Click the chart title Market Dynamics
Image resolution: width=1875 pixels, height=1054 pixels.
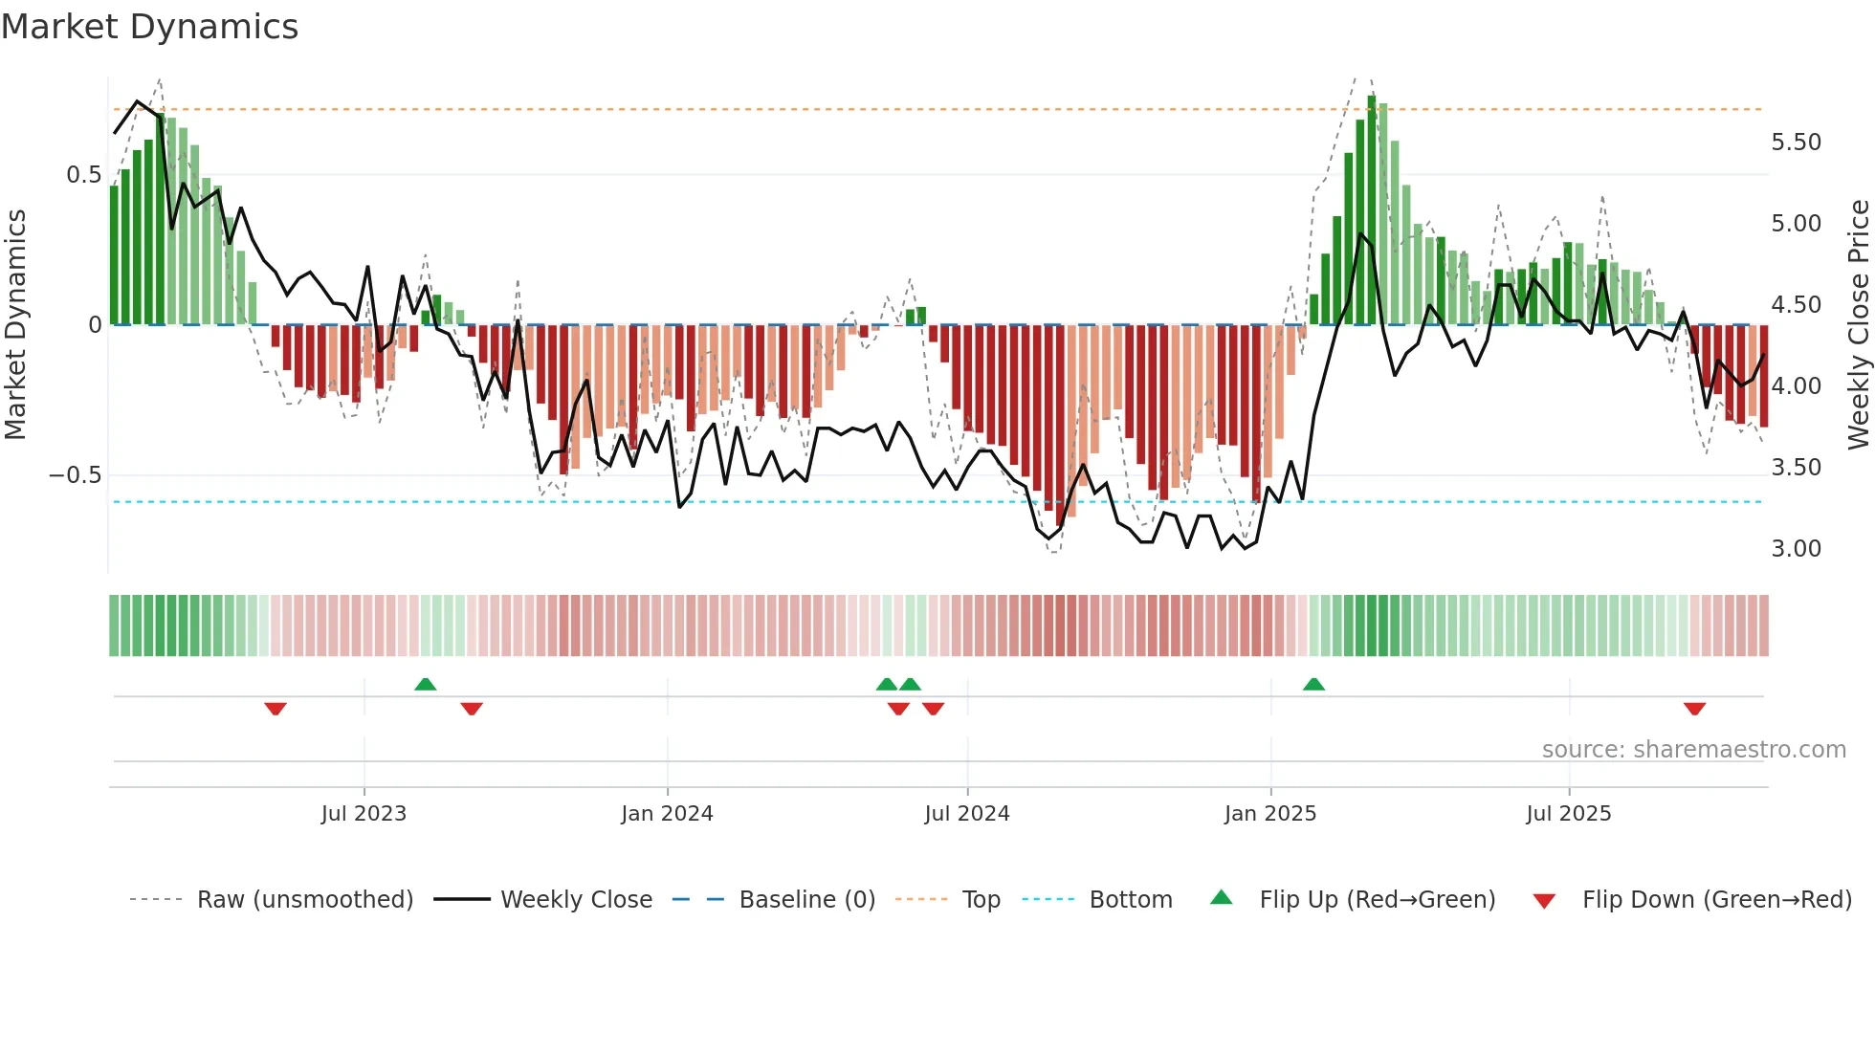click(149, 27)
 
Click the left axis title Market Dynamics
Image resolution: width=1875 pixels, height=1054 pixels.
click(15, 324)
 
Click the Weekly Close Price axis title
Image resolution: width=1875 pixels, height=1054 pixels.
click(1858, 324)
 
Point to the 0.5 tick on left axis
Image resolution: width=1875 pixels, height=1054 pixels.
click(83, 175)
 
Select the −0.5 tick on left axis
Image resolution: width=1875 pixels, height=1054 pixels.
click(76, 475)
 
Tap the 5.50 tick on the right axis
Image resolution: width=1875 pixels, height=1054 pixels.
click(1796, 143)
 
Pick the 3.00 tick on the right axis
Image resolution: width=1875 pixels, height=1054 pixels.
click(1796, 549)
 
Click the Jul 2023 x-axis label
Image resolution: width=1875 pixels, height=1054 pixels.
click(364, 814)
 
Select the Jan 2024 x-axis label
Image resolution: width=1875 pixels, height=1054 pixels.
click(667, 814)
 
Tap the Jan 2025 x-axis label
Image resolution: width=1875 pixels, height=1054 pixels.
click(1270, 814)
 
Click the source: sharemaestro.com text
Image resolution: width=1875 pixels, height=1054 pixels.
click(1693, 750)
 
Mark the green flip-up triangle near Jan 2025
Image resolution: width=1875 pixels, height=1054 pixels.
click(1313, 685)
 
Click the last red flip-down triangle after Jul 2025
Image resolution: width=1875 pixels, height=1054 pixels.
click(1694, 709)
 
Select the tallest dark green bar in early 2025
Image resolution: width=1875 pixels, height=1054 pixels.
click(1372, 210)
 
